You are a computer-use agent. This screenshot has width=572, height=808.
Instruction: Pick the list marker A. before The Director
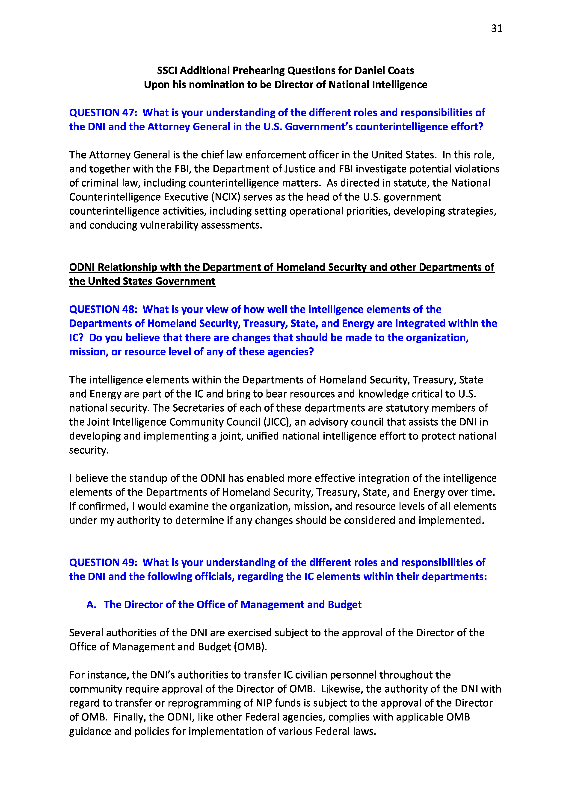[91, 605]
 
